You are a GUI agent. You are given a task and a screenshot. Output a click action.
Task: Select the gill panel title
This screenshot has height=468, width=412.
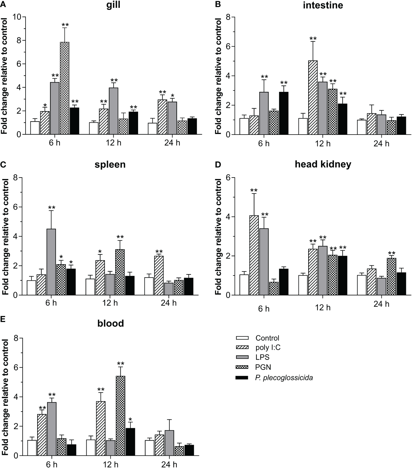113,5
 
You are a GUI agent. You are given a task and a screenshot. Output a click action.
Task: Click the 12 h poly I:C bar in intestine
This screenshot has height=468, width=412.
313,97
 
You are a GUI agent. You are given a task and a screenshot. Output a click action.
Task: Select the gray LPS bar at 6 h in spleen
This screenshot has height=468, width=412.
51,262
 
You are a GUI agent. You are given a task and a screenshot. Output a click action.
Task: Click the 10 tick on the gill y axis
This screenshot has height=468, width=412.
17,17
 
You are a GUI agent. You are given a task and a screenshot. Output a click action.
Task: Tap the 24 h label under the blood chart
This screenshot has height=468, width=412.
169,464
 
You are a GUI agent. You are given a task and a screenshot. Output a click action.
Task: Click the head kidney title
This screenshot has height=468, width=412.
323,164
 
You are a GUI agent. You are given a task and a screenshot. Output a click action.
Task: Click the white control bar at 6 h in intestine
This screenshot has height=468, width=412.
244,126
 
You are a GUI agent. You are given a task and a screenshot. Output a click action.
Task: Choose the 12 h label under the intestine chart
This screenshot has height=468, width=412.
323,143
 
